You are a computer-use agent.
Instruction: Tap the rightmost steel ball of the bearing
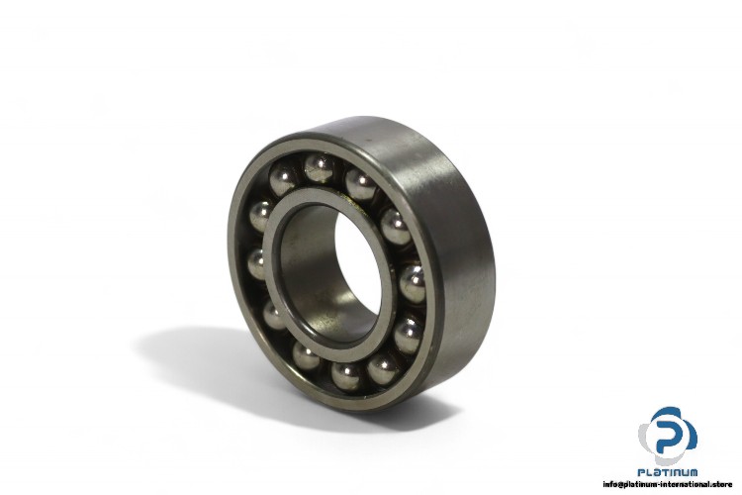pos(413,284)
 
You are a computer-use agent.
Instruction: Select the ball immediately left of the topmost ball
pos(283,180)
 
